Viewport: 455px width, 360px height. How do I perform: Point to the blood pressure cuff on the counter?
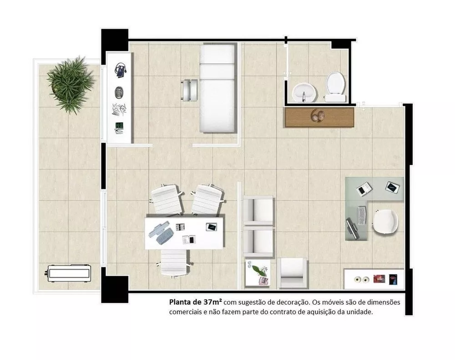[120, 70]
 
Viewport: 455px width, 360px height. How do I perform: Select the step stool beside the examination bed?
[190, 90]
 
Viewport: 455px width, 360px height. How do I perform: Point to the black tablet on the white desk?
[212, 226]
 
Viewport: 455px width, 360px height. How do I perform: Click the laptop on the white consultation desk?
[161, 232]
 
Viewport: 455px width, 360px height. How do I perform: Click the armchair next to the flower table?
[292, 273]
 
